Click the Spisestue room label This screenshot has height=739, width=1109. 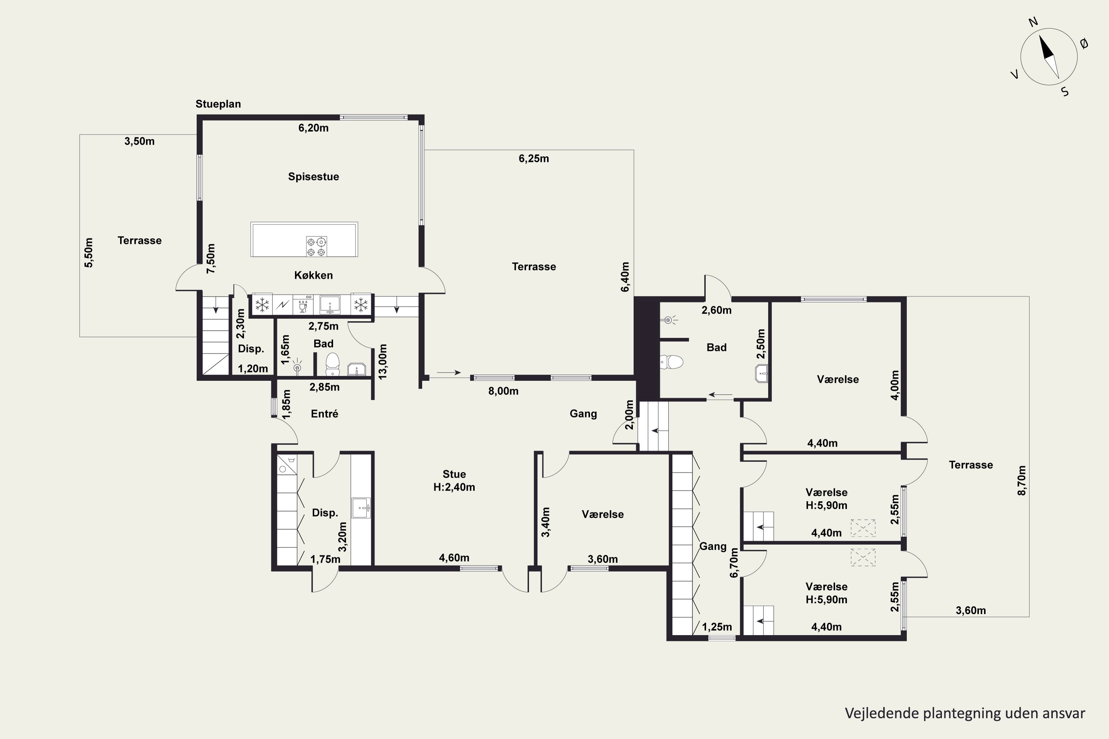[x=313, y=177]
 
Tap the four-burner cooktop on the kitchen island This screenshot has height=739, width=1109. [x=316, y=246]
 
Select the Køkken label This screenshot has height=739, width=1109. [x=313, y=275]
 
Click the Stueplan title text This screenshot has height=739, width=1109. [x=218, y=104]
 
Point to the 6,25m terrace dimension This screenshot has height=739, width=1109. [x=534, y=159]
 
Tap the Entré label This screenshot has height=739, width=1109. [x=325, y=414]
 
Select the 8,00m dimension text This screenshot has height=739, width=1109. [x=503, y=391]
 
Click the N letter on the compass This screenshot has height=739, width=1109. [x=1033, y=22]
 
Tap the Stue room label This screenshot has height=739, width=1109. [x=454, y=474]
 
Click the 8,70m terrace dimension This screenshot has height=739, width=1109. [x=1022, y=481]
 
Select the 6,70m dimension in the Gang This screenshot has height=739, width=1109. [x=734, y=563]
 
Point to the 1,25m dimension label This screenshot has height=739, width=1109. [x=717, y=627]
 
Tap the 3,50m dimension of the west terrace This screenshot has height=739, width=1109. [x=140, y=142]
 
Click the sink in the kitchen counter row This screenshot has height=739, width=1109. [x=330, y=304]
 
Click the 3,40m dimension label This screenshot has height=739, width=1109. [x=546, y=522]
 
